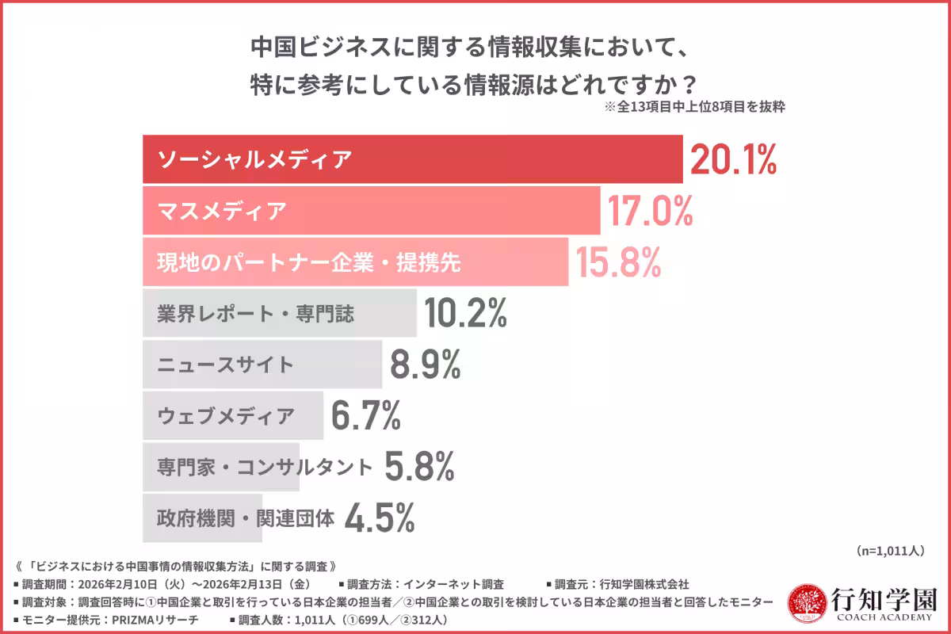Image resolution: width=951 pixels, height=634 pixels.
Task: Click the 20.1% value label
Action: point(733,160)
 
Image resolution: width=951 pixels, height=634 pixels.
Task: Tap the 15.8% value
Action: point(618,263)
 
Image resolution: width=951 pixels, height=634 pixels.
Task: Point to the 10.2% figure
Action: point(465,314)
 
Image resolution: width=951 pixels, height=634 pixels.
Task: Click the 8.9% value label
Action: point(426,365)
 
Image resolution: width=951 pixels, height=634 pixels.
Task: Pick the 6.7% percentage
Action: point(365,416)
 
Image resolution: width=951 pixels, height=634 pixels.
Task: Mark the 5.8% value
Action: point(419,467)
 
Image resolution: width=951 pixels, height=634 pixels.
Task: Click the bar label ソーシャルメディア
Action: point(254,160)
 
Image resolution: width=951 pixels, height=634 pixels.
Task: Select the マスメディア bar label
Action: point(221,212)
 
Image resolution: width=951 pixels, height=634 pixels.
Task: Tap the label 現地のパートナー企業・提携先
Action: point(309,263)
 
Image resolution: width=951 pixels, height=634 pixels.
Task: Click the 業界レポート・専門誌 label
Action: point(255,315)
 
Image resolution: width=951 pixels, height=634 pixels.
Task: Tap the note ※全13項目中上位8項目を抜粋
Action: point(694,107)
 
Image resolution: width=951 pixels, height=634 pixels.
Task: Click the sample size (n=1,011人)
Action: point(890,550)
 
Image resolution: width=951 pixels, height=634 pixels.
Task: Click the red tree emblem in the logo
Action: point(805,604)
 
